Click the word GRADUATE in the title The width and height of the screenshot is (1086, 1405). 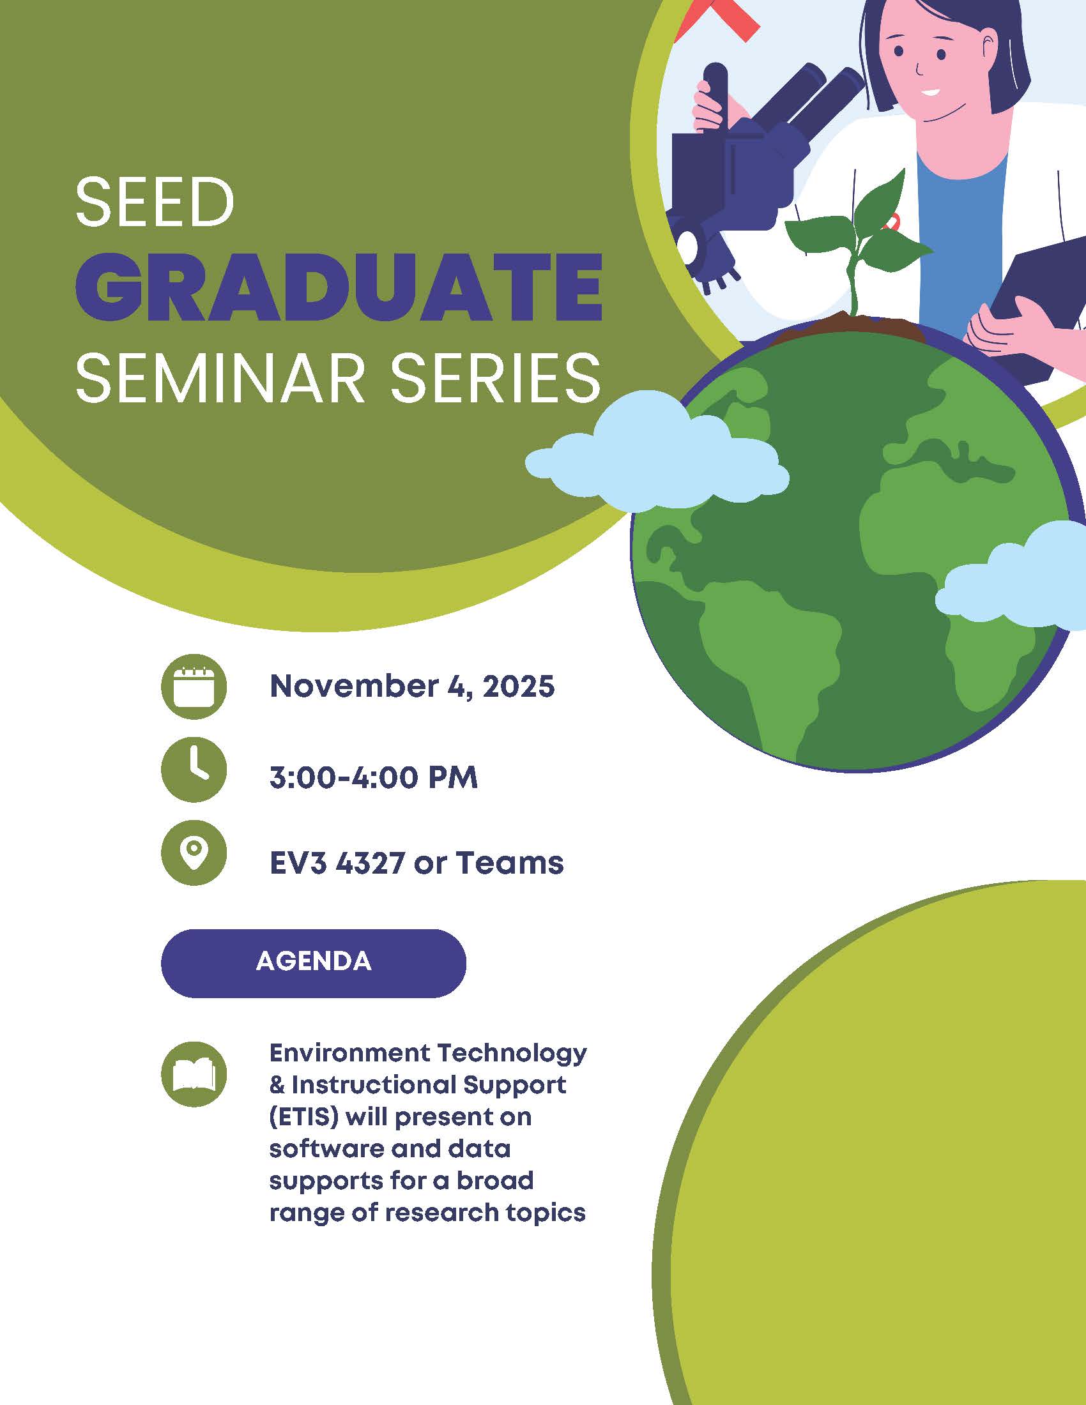click(x=339, y=287)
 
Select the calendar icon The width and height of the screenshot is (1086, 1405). click(x=194, y=687)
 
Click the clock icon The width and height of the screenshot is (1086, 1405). click(x=194, y=770)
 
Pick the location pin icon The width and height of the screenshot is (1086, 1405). click(x=194, y=854)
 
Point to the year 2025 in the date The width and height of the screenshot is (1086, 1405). click(x=518, y=687)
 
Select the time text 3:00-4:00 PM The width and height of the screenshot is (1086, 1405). click(x=374, y=778)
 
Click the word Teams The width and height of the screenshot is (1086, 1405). click(x=510, y=863)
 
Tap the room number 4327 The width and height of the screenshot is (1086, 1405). click(x=370, y=863)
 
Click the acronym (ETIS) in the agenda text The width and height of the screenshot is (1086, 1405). click(x=303, y=1117)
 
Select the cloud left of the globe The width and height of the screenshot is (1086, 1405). click(x=656, y=450)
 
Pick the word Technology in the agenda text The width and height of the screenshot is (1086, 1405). click(x=512, y=1053)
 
